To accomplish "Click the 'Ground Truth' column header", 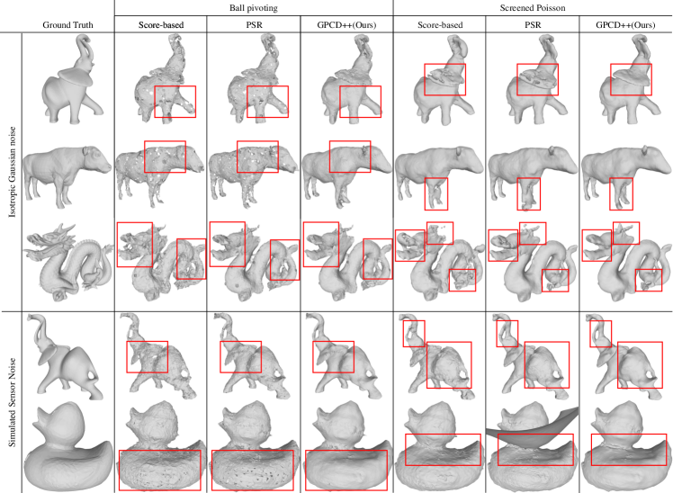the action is click(x=67, y=25).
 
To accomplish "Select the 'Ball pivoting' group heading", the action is click(x=253, y=8).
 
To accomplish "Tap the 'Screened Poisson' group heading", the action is click(x=533, y=8).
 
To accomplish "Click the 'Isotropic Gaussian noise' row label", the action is click(x=12, y=172).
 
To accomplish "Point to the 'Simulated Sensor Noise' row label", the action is click(x=12, y=402).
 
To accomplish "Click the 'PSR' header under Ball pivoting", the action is click(x=254, y=25).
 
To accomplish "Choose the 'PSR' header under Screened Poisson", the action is click(x=533, y=25).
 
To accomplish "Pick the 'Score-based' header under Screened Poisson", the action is click(x=440, y=25).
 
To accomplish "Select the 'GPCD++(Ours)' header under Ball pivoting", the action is click(x=346, y=25).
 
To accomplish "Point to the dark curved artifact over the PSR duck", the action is click(x=533, y=429).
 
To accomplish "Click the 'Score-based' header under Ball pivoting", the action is click(x=161, y=25).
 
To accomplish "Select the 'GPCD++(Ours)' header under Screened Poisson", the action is click(x=625, y=25).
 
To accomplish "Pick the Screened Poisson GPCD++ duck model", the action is click(x=626, y=446).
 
